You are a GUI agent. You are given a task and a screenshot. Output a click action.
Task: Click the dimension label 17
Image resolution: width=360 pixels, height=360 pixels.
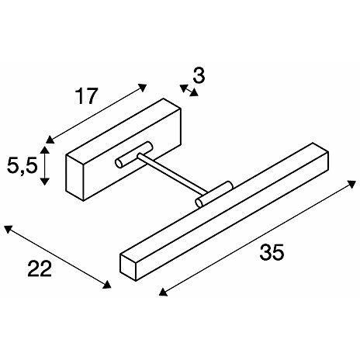point(87,96)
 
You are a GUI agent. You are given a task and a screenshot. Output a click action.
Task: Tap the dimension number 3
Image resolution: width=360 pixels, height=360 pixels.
point(199,76)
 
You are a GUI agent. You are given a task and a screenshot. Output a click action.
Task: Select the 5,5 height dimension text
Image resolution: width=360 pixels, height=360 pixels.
point(22,165)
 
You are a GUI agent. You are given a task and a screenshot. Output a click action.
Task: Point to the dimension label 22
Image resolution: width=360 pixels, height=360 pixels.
point(40,268)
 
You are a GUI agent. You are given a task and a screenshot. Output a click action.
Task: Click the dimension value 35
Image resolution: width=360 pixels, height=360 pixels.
point(272,252)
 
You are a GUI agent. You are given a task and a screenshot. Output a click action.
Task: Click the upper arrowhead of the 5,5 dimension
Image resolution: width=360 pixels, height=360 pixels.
point(45,150)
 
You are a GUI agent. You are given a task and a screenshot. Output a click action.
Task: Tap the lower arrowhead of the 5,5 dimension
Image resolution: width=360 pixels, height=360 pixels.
point(45,182)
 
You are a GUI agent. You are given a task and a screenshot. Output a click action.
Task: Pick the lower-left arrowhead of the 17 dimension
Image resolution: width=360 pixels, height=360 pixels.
point(50,140)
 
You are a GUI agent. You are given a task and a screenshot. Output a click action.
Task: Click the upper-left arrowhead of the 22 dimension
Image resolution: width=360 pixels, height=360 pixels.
point(8,229)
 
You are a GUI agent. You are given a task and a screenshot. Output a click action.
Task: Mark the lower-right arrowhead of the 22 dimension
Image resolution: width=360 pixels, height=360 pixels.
point(107,285)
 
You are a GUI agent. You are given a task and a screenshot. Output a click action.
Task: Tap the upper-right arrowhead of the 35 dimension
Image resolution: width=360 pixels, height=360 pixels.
point(351,184)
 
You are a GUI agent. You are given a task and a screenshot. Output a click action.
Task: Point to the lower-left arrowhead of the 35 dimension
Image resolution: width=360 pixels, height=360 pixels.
point(163,292)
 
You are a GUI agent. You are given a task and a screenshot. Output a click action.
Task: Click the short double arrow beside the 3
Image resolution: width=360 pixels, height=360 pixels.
point(189,90)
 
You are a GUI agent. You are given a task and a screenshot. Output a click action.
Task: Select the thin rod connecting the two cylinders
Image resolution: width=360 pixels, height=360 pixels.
point(172,173)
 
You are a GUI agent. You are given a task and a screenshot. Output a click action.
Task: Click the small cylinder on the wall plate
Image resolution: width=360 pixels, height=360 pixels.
point(134,154)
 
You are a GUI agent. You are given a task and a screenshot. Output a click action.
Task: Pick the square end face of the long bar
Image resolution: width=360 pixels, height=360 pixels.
point(128,267)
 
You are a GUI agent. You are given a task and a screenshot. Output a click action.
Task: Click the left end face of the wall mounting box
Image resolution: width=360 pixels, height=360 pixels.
point(75,178)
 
